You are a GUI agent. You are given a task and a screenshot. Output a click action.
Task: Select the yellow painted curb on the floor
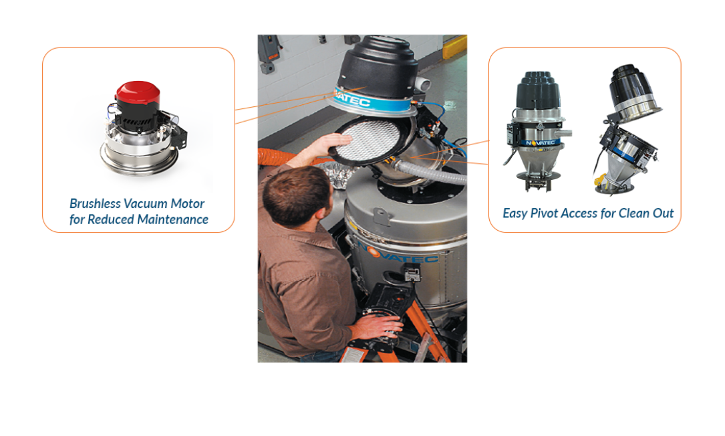(x=454, y=46)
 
